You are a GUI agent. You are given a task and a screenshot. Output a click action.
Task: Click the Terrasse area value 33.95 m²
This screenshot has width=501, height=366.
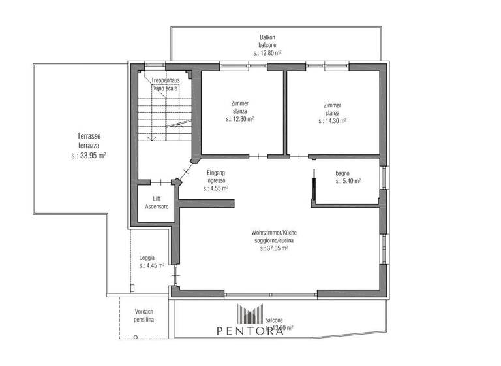coord(89,156)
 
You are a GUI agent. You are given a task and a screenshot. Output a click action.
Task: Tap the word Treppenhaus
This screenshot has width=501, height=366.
coord(166,80)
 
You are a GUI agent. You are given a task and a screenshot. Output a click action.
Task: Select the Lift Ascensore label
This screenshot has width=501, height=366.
coord(157,202)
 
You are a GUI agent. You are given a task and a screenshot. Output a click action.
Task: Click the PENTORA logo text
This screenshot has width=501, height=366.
coord(250,331)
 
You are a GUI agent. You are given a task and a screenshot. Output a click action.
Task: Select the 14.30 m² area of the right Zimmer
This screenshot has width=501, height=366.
coord(333,120)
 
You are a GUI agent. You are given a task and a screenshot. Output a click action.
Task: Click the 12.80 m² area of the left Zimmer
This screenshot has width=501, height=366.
coord(239,120)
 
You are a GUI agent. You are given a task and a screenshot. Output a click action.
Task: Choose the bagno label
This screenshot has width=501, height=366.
coord(343,173)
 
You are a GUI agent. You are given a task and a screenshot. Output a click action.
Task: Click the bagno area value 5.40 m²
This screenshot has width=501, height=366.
coord(348,181)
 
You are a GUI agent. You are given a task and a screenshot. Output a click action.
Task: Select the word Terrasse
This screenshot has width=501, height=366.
coord(88,136)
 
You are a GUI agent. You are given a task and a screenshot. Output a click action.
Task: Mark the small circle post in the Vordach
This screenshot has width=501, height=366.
coord(136,338)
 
